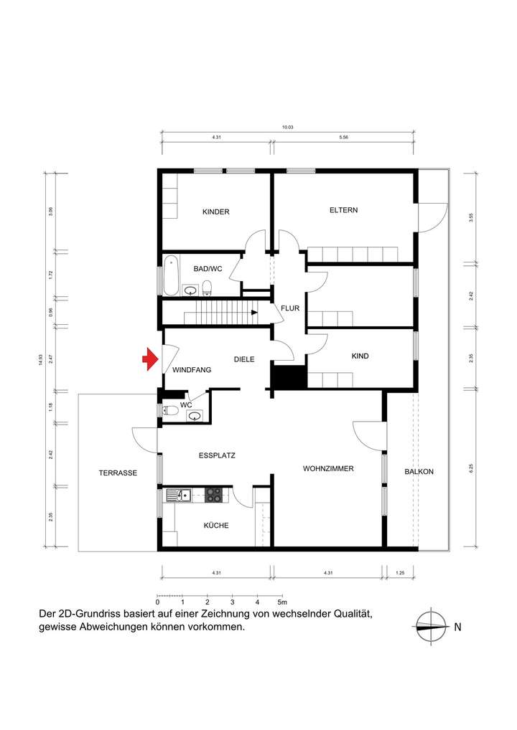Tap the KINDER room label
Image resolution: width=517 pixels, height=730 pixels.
click(215, 212)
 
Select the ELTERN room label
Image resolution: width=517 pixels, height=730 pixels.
click(343, 210)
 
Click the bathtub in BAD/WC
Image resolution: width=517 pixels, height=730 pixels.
click(171, 276)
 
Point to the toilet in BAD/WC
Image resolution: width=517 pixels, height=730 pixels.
click(208, 288)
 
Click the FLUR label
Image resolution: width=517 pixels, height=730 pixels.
click(289, 308)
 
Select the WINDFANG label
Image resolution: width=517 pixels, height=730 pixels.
click(192, 370)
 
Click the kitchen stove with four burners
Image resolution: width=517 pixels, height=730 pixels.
click(214, 494)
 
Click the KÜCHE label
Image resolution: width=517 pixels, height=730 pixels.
click(216, 526)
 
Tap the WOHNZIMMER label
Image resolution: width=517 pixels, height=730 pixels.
click(328, 468)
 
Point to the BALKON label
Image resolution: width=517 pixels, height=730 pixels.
click(419, 471)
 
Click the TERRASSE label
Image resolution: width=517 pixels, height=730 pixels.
click(118, 473)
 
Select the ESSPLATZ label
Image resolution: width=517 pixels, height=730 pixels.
click(217, 455)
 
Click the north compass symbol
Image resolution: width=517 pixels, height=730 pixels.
click(431, 626)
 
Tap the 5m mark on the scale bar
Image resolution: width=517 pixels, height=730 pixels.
click(281, 602)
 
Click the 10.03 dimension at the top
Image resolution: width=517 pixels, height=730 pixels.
click(287, 127)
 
